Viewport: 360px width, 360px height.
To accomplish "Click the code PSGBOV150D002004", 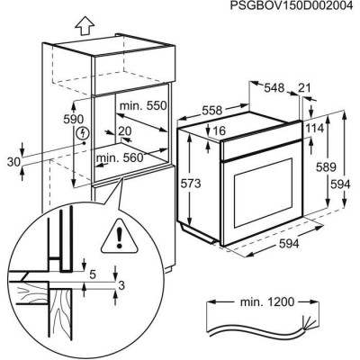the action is pyautogui.click(x=292, y=5).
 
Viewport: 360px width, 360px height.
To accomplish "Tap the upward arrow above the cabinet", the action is pyautogui.click(x=85, y=25).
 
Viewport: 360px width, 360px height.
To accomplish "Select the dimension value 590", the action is pyautogui.click(x=74, y=120).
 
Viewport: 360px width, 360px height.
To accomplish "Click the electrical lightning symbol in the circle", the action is pyautogui.click(x=84, y=133).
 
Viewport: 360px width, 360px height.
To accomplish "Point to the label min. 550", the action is pyautogui.click(x=143, y=105).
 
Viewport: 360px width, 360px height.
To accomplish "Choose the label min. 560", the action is pyautogui.click(x=120, y=157).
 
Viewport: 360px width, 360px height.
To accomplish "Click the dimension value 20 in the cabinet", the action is pyautogui.click(x=125, y=131).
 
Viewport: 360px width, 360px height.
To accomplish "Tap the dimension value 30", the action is pyautogui.click(x=13, y=162).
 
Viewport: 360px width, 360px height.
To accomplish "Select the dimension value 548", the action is pyautogui.click(x=274, y=88).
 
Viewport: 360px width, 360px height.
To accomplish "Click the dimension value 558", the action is pyautogui.click(x=211, y=111).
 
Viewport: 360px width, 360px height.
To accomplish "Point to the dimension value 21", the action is pyautogui.click(x=304, y=88).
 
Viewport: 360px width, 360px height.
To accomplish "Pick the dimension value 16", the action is pyautogui.click(x=219, y=130).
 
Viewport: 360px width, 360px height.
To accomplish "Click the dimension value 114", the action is pyautogui.click(x=315, y=129).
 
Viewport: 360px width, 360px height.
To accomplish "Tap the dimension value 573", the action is pyautogui.click(x=190, y=184).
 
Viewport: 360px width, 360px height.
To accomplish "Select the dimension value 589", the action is pyautogui.click(x=326, y=167).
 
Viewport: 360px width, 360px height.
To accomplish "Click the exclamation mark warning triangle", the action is pyautogui.click(x=119, y=237).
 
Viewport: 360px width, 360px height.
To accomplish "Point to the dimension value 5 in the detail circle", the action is pyautogui.click(x=93, y=274).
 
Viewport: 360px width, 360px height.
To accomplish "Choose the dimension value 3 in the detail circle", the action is pyautogui.click(x=121, y=285).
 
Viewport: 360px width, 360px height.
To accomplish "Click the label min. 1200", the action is pyautogui.click(x=267, y=302).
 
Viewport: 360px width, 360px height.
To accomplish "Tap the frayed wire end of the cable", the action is pyautogui.click(x=309, y=322).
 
